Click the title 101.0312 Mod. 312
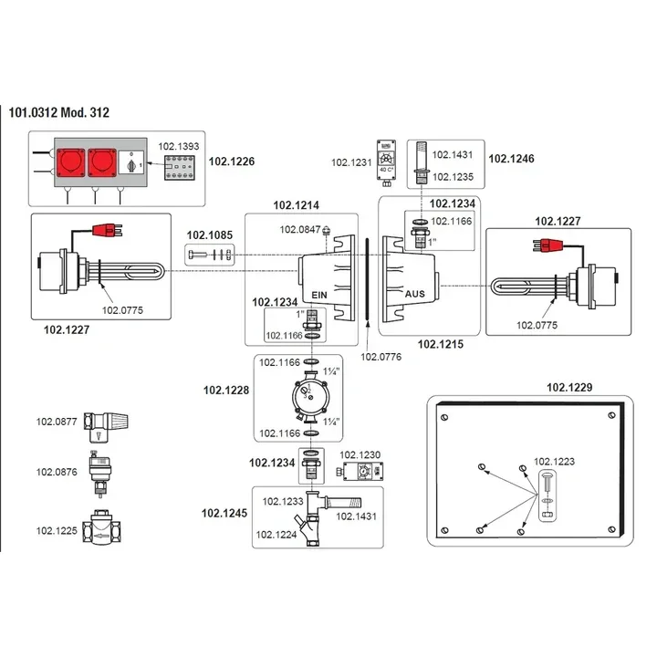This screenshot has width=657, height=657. coord(58,112)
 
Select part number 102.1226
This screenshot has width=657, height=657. coord(232,162)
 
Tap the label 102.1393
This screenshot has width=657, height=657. coord(177,145)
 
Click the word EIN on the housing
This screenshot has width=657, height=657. coord(319,296)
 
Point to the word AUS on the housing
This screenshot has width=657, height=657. coord(415,296)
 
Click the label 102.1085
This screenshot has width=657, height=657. coord(210,235)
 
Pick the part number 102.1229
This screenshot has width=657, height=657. coord(570,388)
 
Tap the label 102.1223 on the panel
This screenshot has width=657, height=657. coord(554,462)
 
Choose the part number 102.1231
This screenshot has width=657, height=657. coord(349,162)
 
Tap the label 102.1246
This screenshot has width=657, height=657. coord(512,158)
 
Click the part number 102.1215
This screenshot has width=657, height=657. coord(440,344)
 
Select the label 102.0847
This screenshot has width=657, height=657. coord(300,230)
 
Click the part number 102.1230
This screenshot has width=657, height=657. coord(360,454)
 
